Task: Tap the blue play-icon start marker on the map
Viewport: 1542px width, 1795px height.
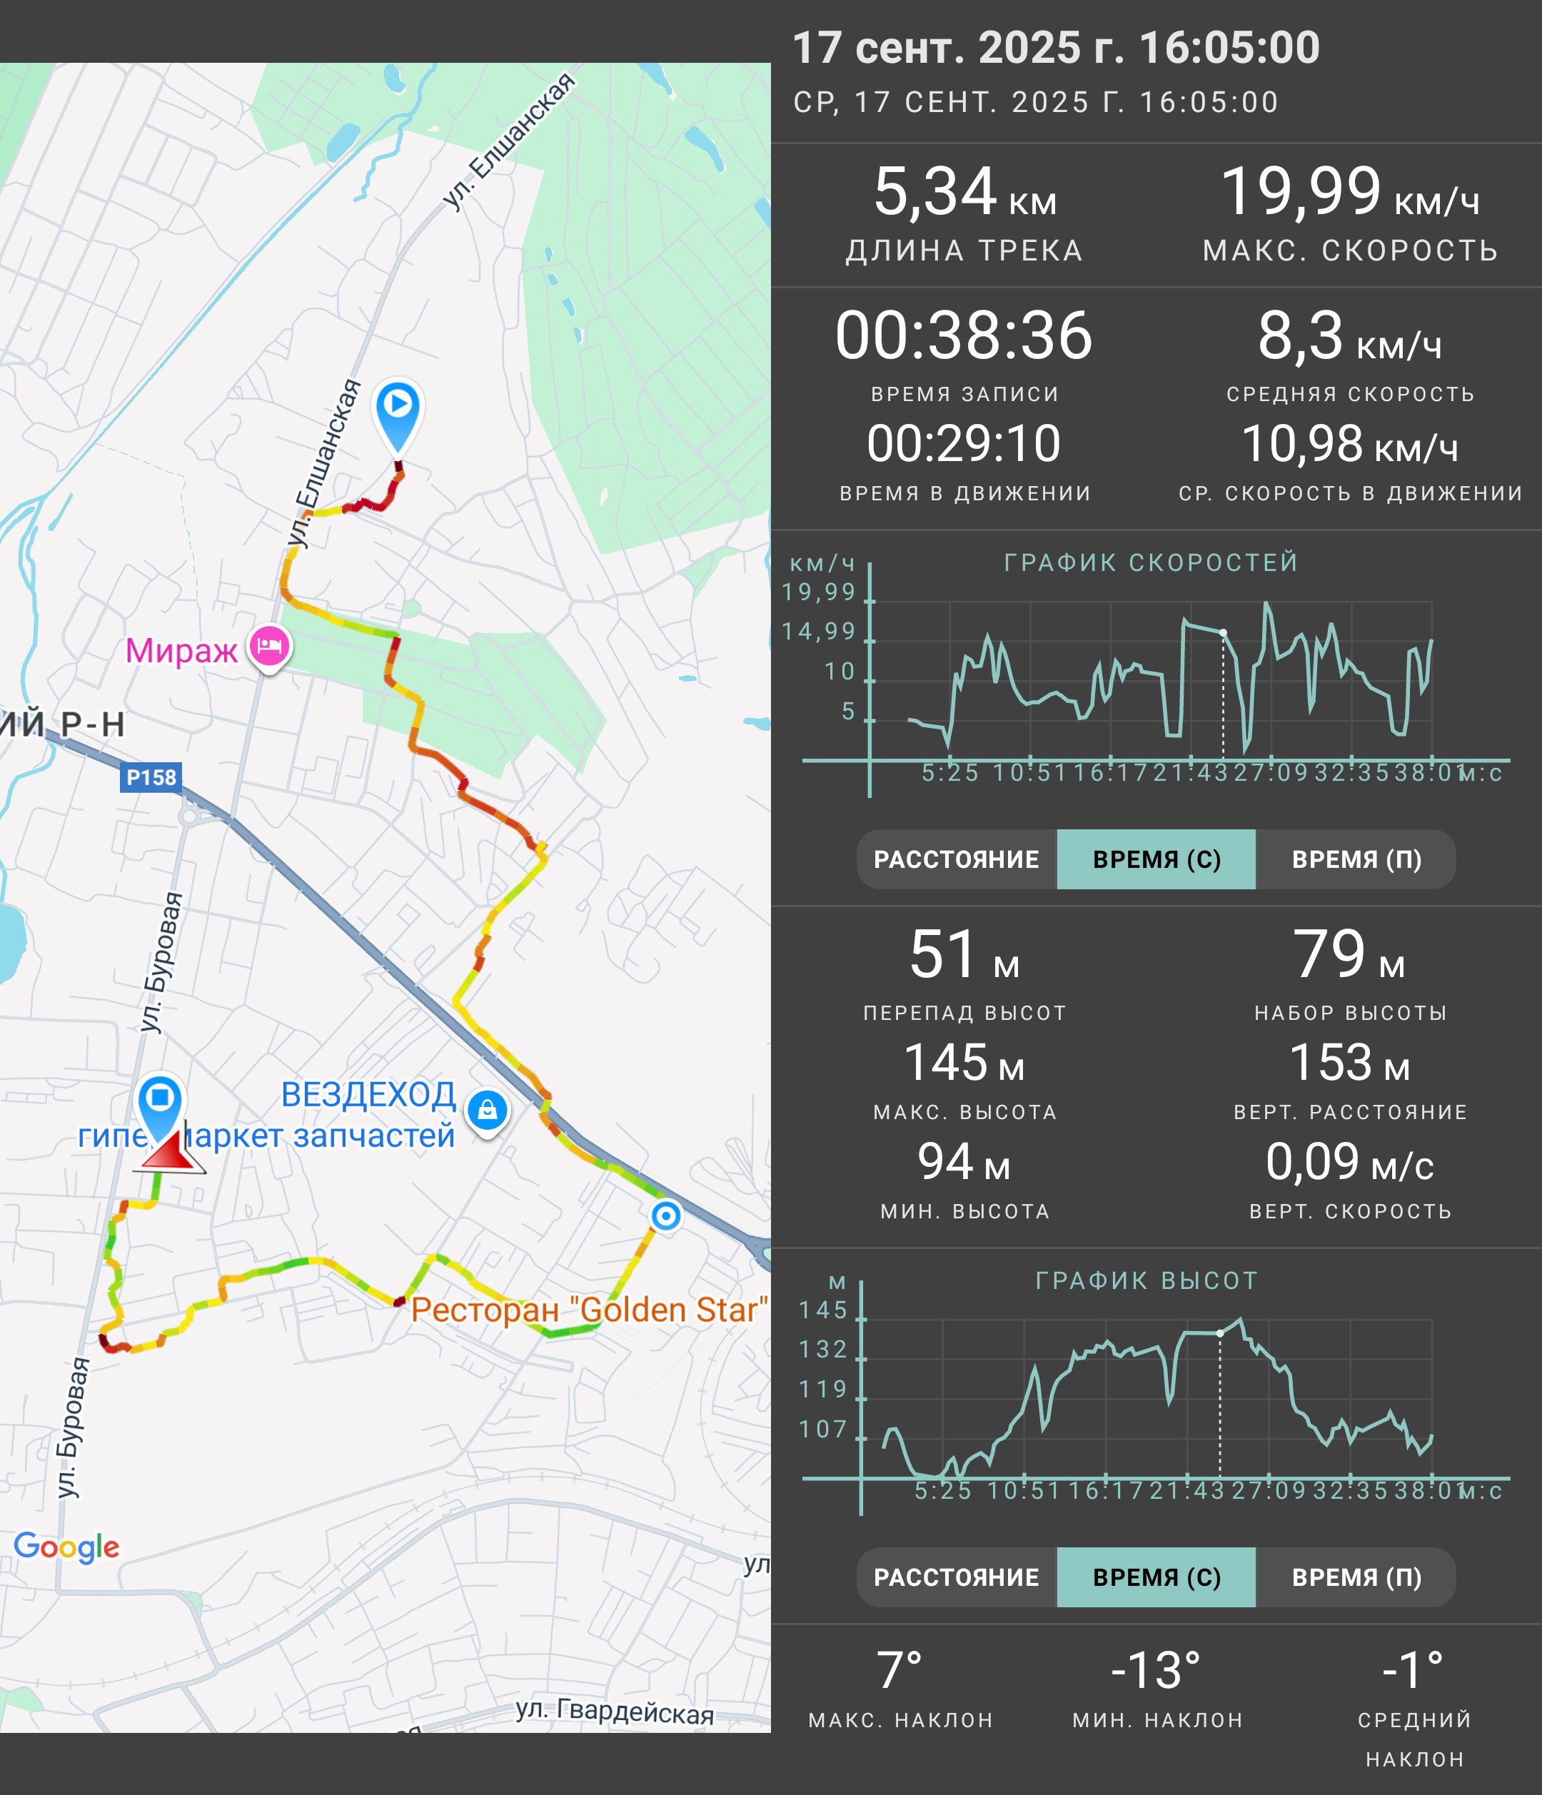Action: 398,413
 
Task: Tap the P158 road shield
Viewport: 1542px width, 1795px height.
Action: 151,777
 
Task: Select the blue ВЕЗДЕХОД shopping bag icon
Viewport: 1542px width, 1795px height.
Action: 488,1111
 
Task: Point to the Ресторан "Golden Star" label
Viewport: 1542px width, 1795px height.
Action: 589,1310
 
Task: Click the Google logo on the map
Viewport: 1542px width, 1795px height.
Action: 66,1547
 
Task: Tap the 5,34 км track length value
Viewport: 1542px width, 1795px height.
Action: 964,192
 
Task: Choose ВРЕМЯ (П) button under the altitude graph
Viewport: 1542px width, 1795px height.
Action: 1356,1577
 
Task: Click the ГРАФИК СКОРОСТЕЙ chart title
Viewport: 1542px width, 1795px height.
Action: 1152,562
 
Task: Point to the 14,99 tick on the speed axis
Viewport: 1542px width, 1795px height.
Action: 819,632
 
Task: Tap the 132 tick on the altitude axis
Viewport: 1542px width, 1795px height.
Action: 823,1350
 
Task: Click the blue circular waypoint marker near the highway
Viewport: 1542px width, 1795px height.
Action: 665,1216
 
